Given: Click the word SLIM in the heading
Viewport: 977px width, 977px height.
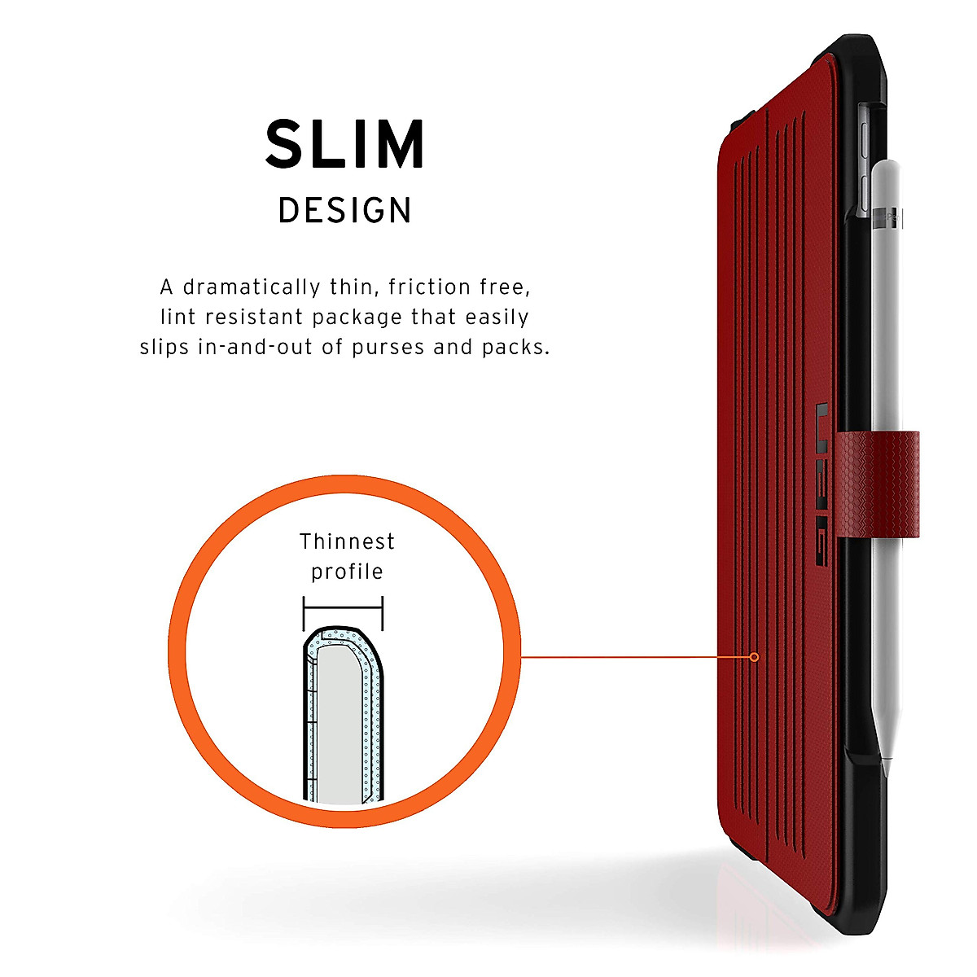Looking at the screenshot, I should pyautogui.click(x=345, y=144).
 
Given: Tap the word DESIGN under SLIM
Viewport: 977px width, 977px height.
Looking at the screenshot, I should pyautogui.click(x=345, y=211).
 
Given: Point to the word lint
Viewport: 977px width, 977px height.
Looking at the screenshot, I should pyautogui.click(x=174, y=317).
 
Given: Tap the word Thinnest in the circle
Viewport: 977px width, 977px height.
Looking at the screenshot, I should pyautogui.click(x=347, y=541).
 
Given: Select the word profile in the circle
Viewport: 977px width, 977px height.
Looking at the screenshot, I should pyautogui.click(x=347, y=572).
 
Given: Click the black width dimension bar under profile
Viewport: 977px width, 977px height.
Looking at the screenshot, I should pyautogui.click(x=343, y=606).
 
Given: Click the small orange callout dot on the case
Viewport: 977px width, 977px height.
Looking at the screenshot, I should pyautogui.click(x=754, y=657).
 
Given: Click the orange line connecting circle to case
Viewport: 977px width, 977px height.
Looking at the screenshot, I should pyautogui.click(x=635, y=657).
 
